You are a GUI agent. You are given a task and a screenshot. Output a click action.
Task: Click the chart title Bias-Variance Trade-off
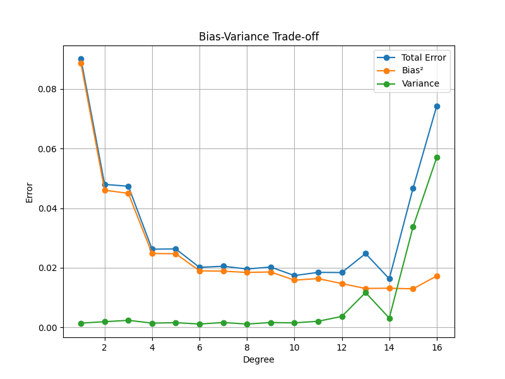pyautogui.click(x=259, y=37)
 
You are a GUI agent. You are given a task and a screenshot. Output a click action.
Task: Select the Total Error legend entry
pyautogui.click(x=424, y=57)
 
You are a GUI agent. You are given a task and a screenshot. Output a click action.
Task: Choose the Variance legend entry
pyautogui.click(x=420, y=83)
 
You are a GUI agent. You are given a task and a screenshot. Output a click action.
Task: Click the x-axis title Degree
pyautogui.click(x=259, y=360)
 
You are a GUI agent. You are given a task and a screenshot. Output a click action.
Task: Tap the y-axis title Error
pyautogui.click(x=30, y=191)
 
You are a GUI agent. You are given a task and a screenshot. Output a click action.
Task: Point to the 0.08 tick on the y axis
pyautogui.click(x=48, y=89)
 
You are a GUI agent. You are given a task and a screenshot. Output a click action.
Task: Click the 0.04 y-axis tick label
pyautogui.click(x=48, y=208)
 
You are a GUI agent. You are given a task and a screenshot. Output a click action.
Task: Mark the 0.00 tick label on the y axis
pyautogui.click(x=48, y=328)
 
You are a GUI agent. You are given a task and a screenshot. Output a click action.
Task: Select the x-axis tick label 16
pyautogui.click(x=437, y=347)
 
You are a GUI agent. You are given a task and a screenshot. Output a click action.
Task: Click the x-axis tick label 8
pyautogui.click(x=247, y=347)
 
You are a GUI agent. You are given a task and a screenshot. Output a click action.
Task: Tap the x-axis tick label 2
pyautogui.click(x=105, y=347)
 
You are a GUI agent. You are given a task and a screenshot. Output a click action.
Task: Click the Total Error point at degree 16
pyautogui.click(x=437, y=106)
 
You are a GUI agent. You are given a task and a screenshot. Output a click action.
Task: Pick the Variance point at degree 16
pyautogui.click(x=437, y=157)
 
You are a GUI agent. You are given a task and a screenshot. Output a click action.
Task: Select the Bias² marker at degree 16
pyautogui.click(x=437, y=276)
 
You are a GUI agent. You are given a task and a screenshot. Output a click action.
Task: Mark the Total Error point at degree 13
pyautogui.click(x=365, y=253)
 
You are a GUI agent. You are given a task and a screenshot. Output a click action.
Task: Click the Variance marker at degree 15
pyautogui.click(x=413, y=227)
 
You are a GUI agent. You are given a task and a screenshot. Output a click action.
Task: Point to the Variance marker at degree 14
pyautogui.click(x=389, y=318)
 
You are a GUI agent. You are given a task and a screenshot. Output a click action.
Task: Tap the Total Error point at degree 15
pyautogui.click(x=413, y=188)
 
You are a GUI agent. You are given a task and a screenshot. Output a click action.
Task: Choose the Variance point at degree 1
pyautogui.click(x=81, y=323)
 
